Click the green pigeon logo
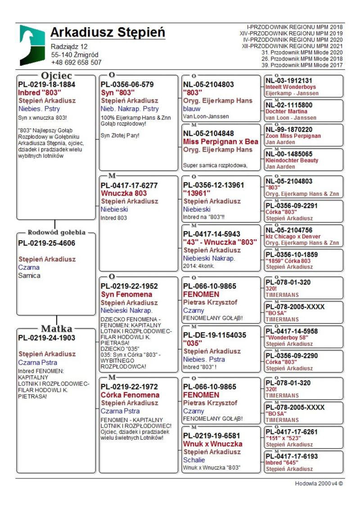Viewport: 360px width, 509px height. click(32, 45)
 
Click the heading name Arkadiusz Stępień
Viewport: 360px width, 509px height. click(108, 32)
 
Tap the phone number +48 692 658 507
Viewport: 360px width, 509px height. click(76, 63)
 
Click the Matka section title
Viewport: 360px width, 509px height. click(57, 328)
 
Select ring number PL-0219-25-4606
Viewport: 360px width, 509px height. click(46, 243)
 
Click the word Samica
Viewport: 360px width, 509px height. click(29, 275)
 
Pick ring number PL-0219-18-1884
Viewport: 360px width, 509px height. click(46, 84)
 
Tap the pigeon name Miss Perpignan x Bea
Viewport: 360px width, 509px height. click(220, 141)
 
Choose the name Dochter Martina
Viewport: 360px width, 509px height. click(287, 111)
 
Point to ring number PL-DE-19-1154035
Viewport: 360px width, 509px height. click(215, 335)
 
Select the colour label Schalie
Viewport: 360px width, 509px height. click(194, 460)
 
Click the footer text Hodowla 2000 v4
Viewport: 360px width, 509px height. click(319, 484)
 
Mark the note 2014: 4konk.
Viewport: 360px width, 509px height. click(197, 266)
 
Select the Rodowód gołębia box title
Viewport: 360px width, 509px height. click(57, 233)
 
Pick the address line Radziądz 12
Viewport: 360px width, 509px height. click(69, 46)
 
